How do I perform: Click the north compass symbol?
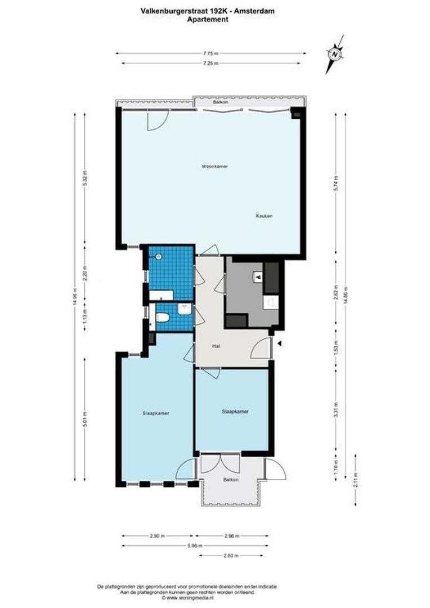tap(335, 54)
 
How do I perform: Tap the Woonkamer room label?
tap(211, 167)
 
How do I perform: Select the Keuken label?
tap(264, 216)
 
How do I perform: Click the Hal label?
tap(215, 346)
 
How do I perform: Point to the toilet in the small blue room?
tap(163, 318)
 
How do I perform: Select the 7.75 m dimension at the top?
tap(211, 53)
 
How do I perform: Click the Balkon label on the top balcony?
tap(220, 103)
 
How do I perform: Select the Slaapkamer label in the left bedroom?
tap(155, 413)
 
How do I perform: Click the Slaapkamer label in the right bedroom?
tap(235, 412)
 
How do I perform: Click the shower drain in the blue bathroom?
tap(160, 257)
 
